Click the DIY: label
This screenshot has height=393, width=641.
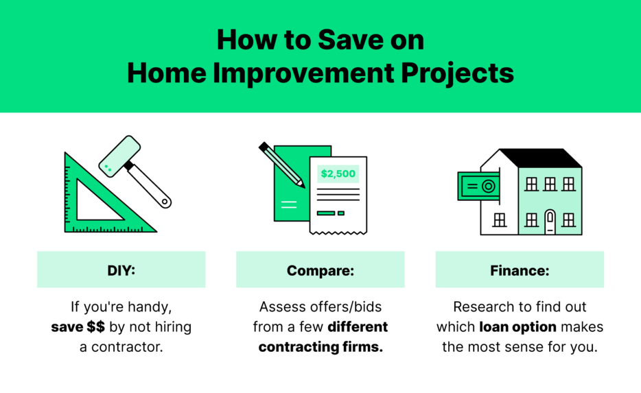point(121,270)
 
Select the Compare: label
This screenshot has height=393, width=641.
point(320,270)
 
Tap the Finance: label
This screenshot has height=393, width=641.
point(520,270)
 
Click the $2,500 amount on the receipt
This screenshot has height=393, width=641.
point(338,174)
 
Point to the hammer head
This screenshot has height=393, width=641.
point(119,154)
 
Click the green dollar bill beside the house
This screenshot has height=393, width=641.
point(478,186)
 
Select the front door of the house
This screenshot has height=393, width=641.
point(549,222)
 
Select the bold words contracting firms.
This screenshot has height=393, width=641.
point(320,346)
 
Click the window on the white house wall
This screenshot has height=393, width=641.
point(500,219)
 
